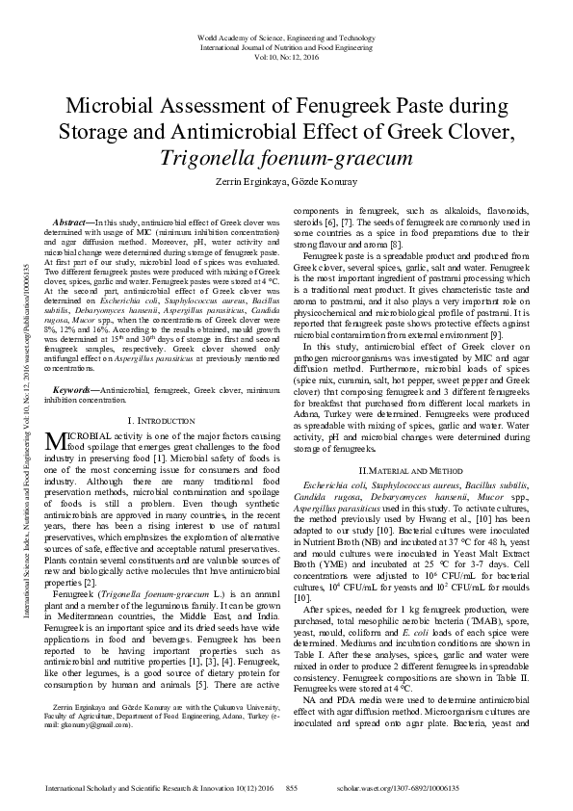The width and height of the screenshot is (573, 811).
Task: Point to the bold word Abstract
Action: coord(75,222)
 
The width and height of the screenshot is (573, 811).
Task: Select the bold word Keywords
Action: coord(75,417)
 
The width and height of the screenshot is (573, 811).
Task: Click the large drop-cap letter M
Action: coord(55,469)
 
